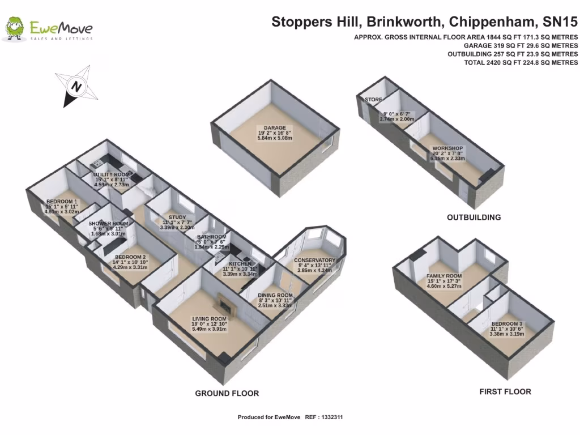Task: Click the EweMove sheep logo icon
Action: click(15, 28)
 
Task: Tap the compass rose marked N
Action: click(75, 86)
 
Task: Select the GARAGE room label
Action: click(274, 128)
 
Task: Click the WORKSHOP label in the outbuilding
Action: click(447, 148)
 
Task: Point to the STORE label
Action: click(373, 100)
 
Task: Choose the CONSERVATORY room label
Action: click(316, 261)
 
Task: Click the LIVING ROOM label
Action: click(210, 319)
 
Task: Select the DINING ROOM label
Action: click(275, 296)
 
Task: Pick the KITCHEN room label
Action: click(240, 264)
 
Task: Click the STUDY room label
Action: click(169, 216)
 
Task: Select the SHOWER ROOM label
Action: click(108, 224)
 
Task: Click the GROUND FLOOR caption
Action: click(227, 393)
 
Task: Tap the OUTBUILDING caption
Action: click(474, 217)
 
